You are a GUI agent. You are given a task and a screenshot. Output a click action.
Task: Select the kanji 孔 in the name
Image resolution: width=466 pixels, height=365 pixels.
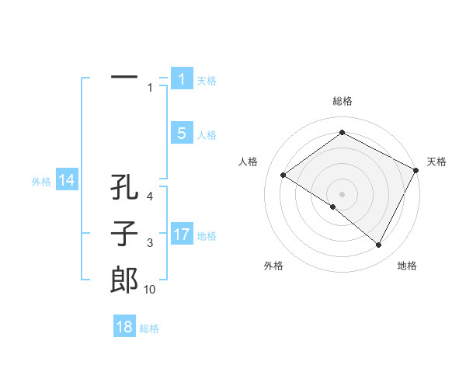click(x=124, y=188)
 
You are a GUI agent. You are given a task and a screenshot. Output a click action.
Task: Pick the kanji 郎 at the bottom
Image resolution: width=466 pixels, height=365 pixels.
click(x=124, y=279)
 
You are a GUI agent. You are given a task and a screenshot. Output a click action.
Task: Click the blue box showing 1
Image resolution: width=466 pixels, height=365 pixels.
click(x=182, y=78)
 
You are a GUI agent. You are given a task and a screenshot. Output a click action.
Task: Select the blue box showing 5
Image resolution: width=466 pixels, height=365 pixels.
click(x=182, y=134)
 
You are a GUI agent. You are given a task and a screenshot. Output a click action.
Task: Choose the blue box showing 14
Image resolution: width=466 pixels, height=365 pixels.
click(x=67, y=180)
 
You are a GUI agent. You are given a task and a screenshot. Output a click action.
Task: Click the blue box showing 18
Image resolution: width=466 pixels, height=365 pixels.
click(x=124, y=326)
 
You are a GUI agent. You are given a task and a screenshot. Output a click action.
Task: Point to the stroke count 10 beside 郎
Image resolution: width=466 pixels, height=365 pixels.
click(x=150, y=290)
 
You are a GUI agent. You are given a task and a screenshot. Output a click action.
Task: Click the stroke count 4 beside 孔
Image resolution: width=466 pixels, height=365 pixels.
click(x=150, y=197)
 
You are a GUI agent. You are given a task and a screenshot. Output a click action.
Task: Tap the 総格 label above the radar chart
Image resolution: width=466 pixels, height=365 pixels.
click(x=342, y=101)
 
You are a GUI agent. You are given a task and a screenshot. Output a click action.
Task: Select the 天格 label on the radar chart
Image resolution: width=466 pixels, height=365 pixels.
click(x=436, y=162)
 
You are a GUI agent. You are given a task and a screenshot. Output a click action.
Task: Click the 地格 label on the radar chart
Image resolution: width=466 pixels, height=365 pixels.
click(x=407, y=266)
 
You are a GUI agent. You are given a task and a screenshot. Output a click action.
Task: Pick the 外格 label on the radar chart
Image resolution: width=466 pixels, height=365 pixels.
click(x=273, y=266)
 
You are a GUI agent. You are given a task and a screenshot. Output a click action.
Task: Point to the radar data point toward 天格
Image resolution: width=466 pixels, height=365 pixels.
click(x=416, y=170)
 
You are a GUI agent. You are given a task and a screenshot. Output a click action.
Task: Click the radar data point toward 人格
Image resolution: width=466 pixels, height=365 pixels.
click(x=283, y=176)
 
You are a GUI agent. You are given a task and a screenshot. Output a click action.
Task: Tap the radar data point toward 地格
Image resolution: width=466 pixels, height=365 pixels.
click(x=378, y=245)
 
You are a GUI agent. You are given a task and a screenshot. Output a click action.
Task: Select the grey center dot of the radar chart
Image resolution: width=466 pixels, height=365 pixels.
click(x=342, y=193)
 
